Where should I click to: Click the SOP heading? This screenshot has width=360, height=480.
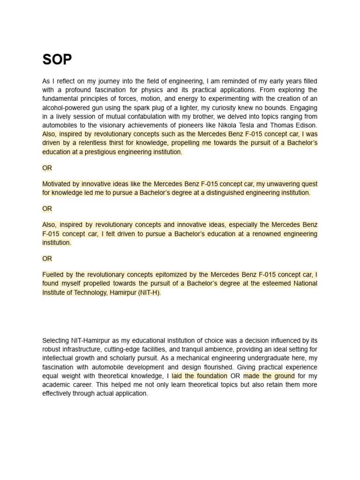pos(57,60)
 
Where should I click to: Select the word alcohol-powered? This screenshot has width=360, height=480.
pos(65,107)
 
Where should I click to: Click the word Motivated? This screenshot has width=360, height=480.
pos(58,184)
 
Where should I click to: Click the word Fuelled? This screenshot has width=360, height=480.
pos(54,274)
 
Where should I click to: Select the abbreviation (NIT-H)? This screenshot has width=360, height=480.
pos(149,292)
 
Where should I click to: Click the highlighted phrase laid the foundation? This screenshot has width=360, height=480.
pos(200,376)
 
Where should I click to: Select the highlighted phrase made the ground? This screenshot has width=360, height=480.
pos(269,376)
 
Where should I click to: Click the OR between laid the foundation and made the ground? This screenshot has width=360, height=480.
pos(235,376)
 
